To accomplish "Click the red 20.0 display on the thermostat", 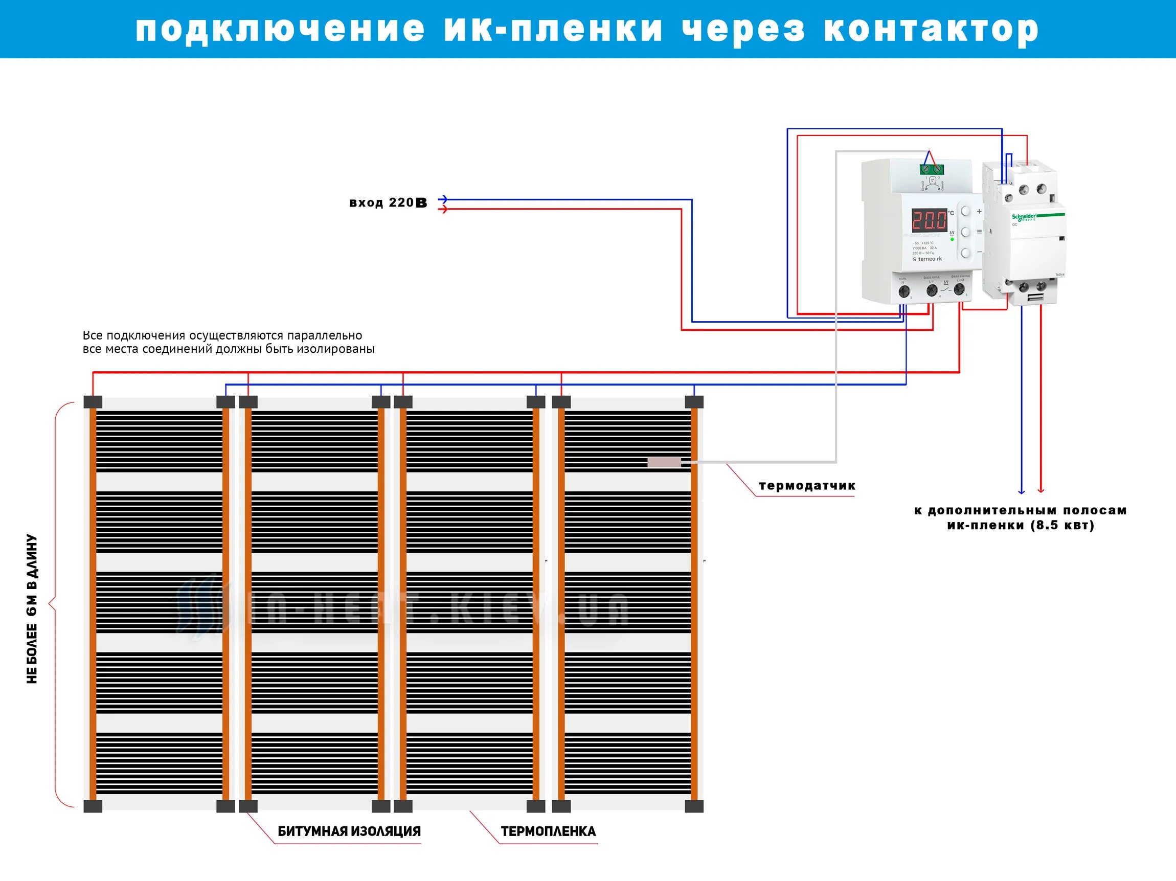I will tap(930, 220).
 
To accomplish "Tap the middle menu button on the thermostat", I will tap(965, 232).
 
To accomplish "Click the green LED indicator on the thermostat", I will tap(952, 239).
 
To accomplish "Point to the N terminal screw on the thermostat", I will tap(904, 291).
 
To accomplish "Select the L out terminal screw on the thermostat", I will tap(959, 290).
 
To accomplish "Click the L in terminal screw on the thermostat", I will tap(932, 290).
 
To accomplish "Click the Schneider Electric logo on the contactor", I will tap(1024, 217).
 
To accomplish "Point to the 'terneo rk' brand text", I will tap(928, 259).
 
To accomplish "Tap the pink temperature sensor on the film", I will tap(664, 462).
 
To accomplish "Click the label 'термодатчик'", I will tap(807, 485).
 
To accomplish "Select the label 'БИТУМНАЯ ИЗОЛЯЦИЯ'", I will tap(349, 831).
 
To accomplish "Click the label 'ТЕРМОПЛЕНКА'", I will tap(548, 831).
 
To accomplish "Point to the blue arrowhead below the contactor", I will tap(1021, 490).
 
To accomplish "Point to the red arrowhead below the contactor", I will tap(1041, 490).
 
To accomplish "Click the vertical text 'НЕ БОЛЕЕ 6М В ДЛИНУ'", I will tap(32, 609).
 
